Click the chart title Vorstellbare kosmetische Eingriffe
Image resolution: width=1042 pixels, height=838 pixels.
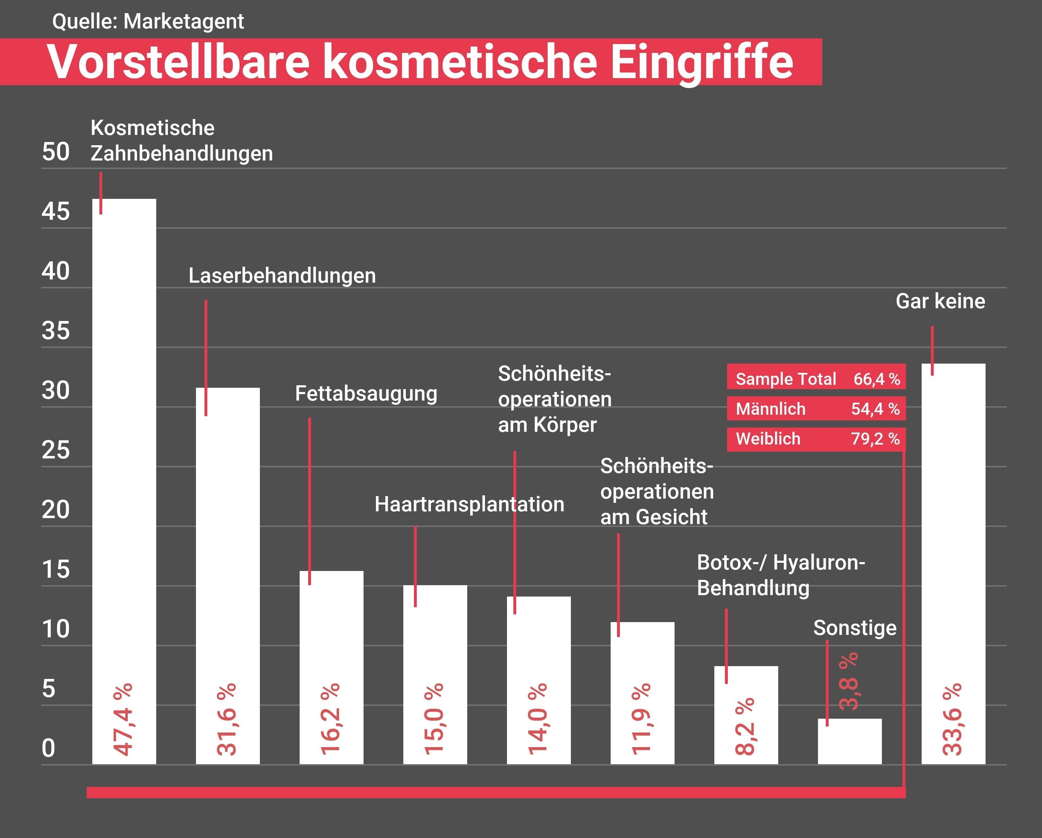point(420,62)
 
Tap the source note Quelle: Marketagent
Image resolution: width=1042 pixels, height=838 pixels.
point(148,21)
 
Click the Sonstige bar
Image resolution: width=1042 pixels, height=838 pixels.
point(850,742)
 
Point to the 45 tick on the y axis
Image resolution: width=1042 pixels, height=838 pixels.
point(56,212)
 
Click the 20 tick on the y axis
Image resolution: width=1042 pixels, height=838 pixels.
point(56,510)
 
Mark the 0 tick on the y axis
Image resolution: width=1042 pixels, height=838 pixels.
point(48,748)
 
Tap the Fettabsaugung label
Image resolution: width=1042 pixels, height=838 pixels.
point(366,393)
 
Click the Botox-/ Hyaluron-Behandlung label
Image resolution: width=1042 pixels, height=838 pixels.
point(781,575)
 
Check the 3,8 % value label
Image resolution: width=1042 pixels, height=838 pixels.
point(849,681)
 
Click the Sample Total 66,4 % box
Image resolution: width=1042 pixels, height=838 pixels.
point(816,379)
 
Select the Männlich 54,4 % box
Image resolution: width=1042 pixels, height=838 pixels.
point(816,409)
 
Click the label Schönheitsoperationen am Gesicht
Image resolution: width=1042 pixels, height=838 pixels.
point(656,491)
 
